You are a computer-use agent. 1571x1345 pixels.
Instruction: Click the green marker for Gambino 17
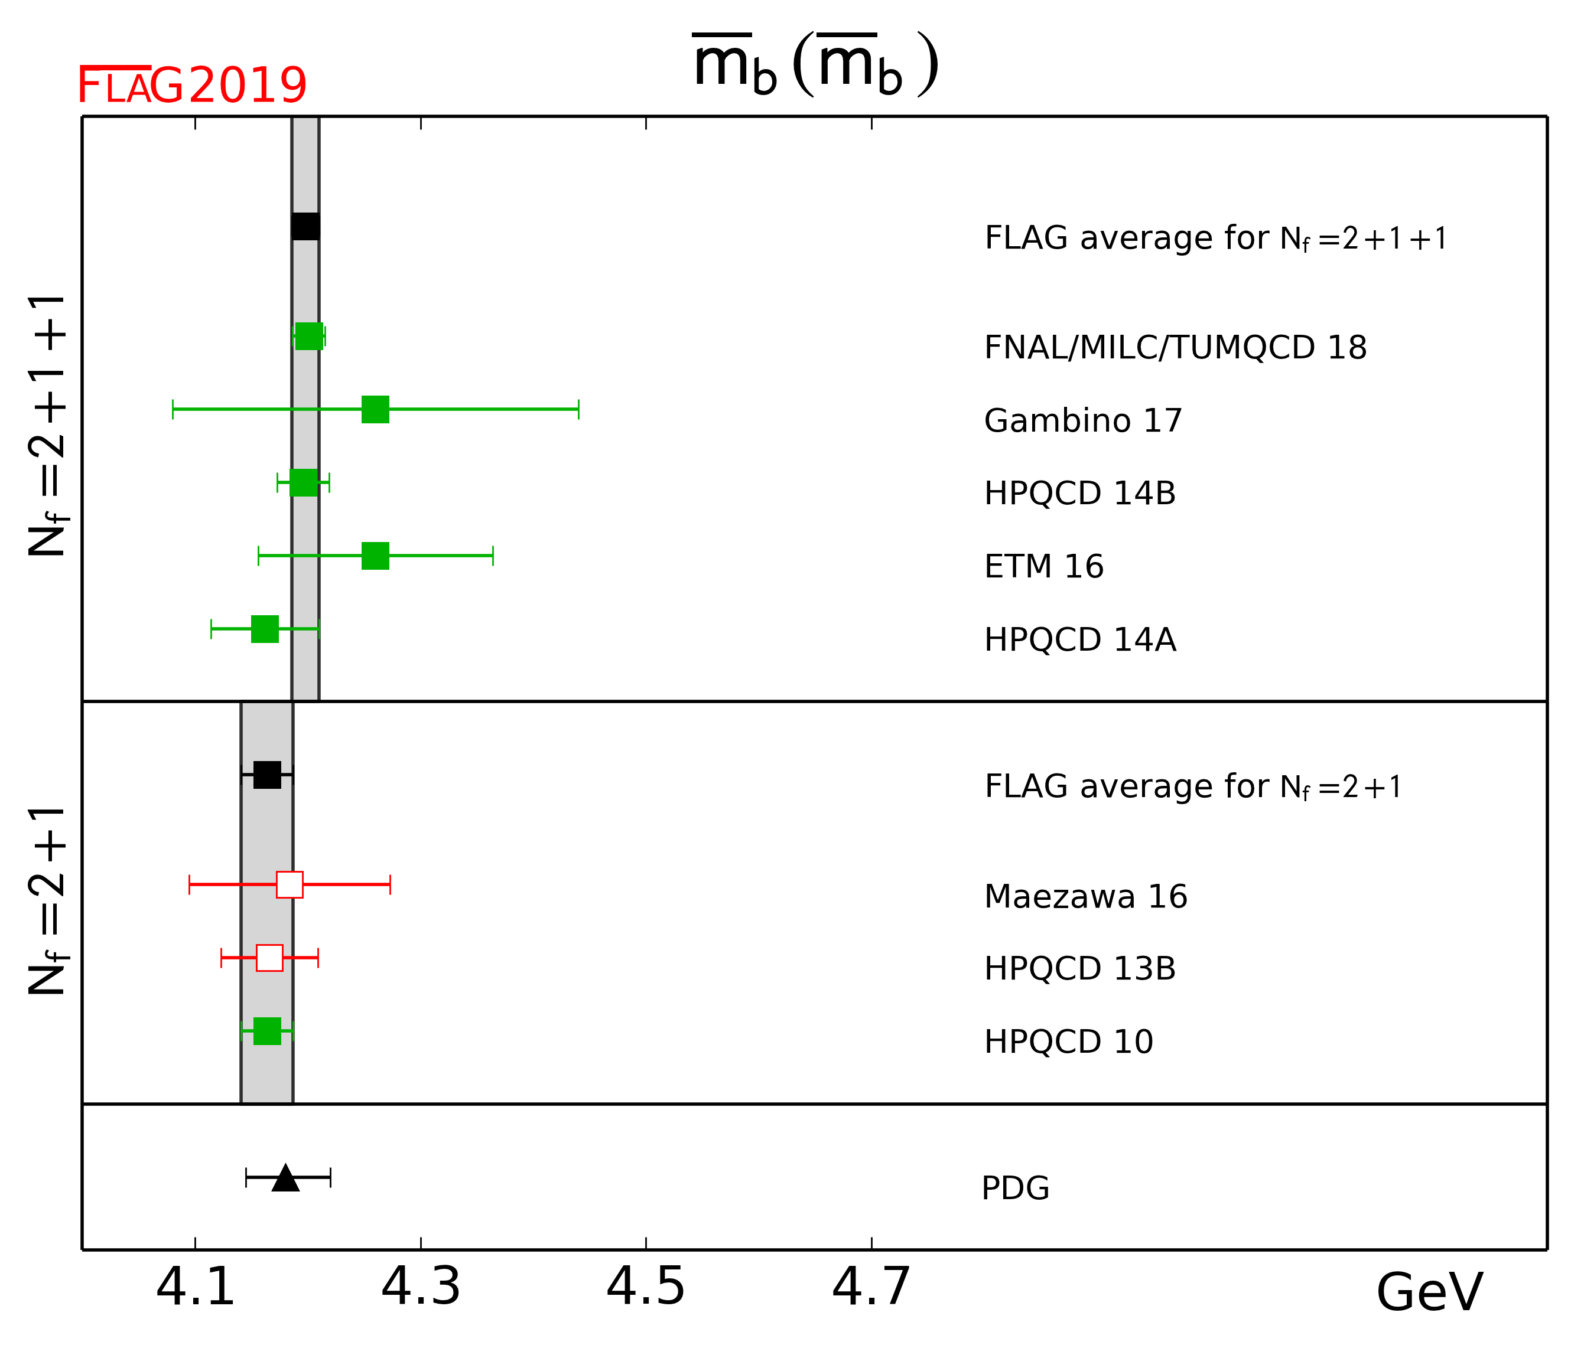point(375,409)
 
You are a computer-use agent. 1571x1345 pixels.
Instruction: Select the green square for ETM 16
point(375,556)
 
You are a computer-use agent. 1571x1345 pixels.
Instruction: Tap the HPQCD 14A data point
point(265,629)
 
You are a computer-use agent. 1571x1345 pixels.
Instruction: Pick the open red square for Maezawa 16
point(290,884)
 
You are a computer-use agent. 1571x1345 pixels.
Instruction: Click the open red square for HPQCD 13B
point(270,958)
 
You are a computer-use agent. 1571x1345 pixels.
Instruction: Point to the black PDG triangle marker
point(285,1178)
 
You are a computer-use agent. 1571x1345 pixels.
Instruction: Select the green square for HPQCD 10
point(267,1030)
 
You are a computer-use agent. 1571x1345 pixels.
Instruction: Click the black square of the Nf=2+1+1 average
point(305,226)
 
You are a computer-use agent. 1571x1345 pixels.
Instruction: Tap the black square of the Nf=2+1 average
point(267,775)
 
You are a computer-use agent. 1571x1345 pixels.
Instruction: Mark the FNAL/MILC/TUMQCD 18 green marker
point(308,336)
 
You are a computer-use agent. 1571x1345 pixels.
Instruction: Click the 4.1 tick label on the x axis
point(195,1287)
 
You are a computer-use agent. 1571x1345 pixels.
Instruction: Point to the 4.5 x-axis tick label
point(645,1287)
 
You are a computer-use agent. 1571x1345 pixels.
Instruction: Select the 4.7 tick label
point(871,1287)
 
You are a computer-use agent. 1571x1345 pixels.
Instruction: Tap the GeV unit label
point(1429,1292)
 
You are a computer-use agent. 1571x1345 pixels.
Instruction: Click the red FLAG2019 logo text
point(193,85)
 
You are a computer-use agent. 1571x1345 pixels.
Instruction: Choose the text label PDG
point(1015,1188)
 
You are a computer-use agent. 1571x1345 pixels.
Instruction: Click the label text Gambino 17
point(1083,420)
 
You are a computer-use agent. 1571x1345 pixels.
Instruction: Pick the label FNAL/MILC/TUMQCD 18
point(1175,348)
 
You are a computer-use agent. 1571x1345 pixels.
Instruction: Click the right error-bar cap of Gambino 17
point(578,409)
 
